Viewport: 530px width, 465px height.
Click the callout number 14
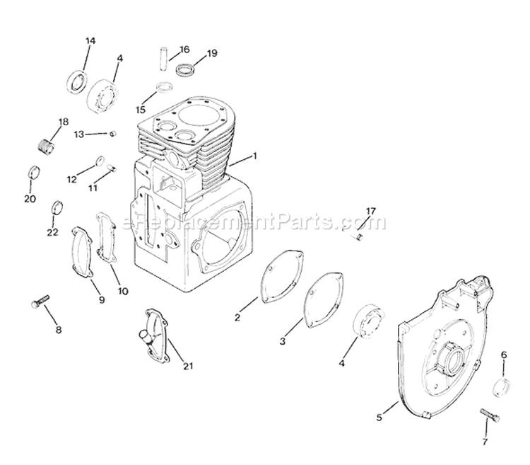click(x=90, y=40)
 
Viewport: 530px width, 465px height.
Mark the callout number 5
click(x=379, y=418)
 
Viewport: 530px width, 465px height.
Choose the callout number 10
click(x=124, y=291)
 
